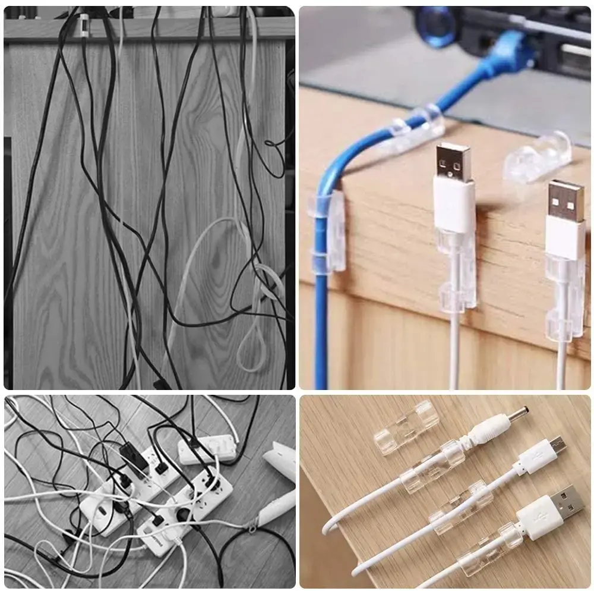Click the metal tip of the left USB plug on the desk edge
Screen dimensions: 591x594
454,162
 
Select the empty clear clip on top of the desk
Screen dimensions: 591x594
538,156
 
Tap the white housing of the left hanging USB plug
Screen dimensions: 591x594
454,205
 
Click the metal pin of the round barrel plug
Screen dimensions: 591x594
518,413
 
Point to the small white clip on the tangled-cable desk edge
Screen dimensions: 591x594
83,25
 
